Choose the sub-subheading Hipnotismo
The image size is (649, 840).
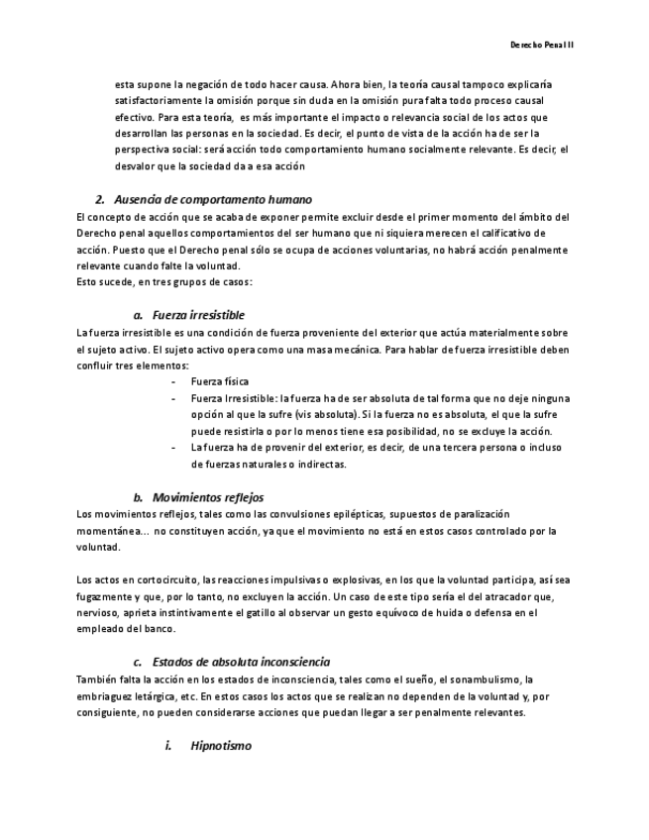pyautogui.click(x=221, y=744)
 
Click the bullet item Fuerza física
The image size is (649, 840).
pyautogui.click(x=220, y=380)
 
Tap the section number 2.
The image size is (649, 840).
pyautogui.click(x=100, y=198)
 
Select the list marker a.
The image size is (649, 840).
pyautogui.click(x=138, y=314)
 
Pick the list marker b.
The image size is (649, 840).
pyautogui.click(x=138, y=496)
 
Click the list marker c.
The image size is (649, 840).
pyautogui.click(x=138, y=661)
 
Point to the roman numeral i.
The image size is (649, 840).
pyautogui.click(x=167, y=744)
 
